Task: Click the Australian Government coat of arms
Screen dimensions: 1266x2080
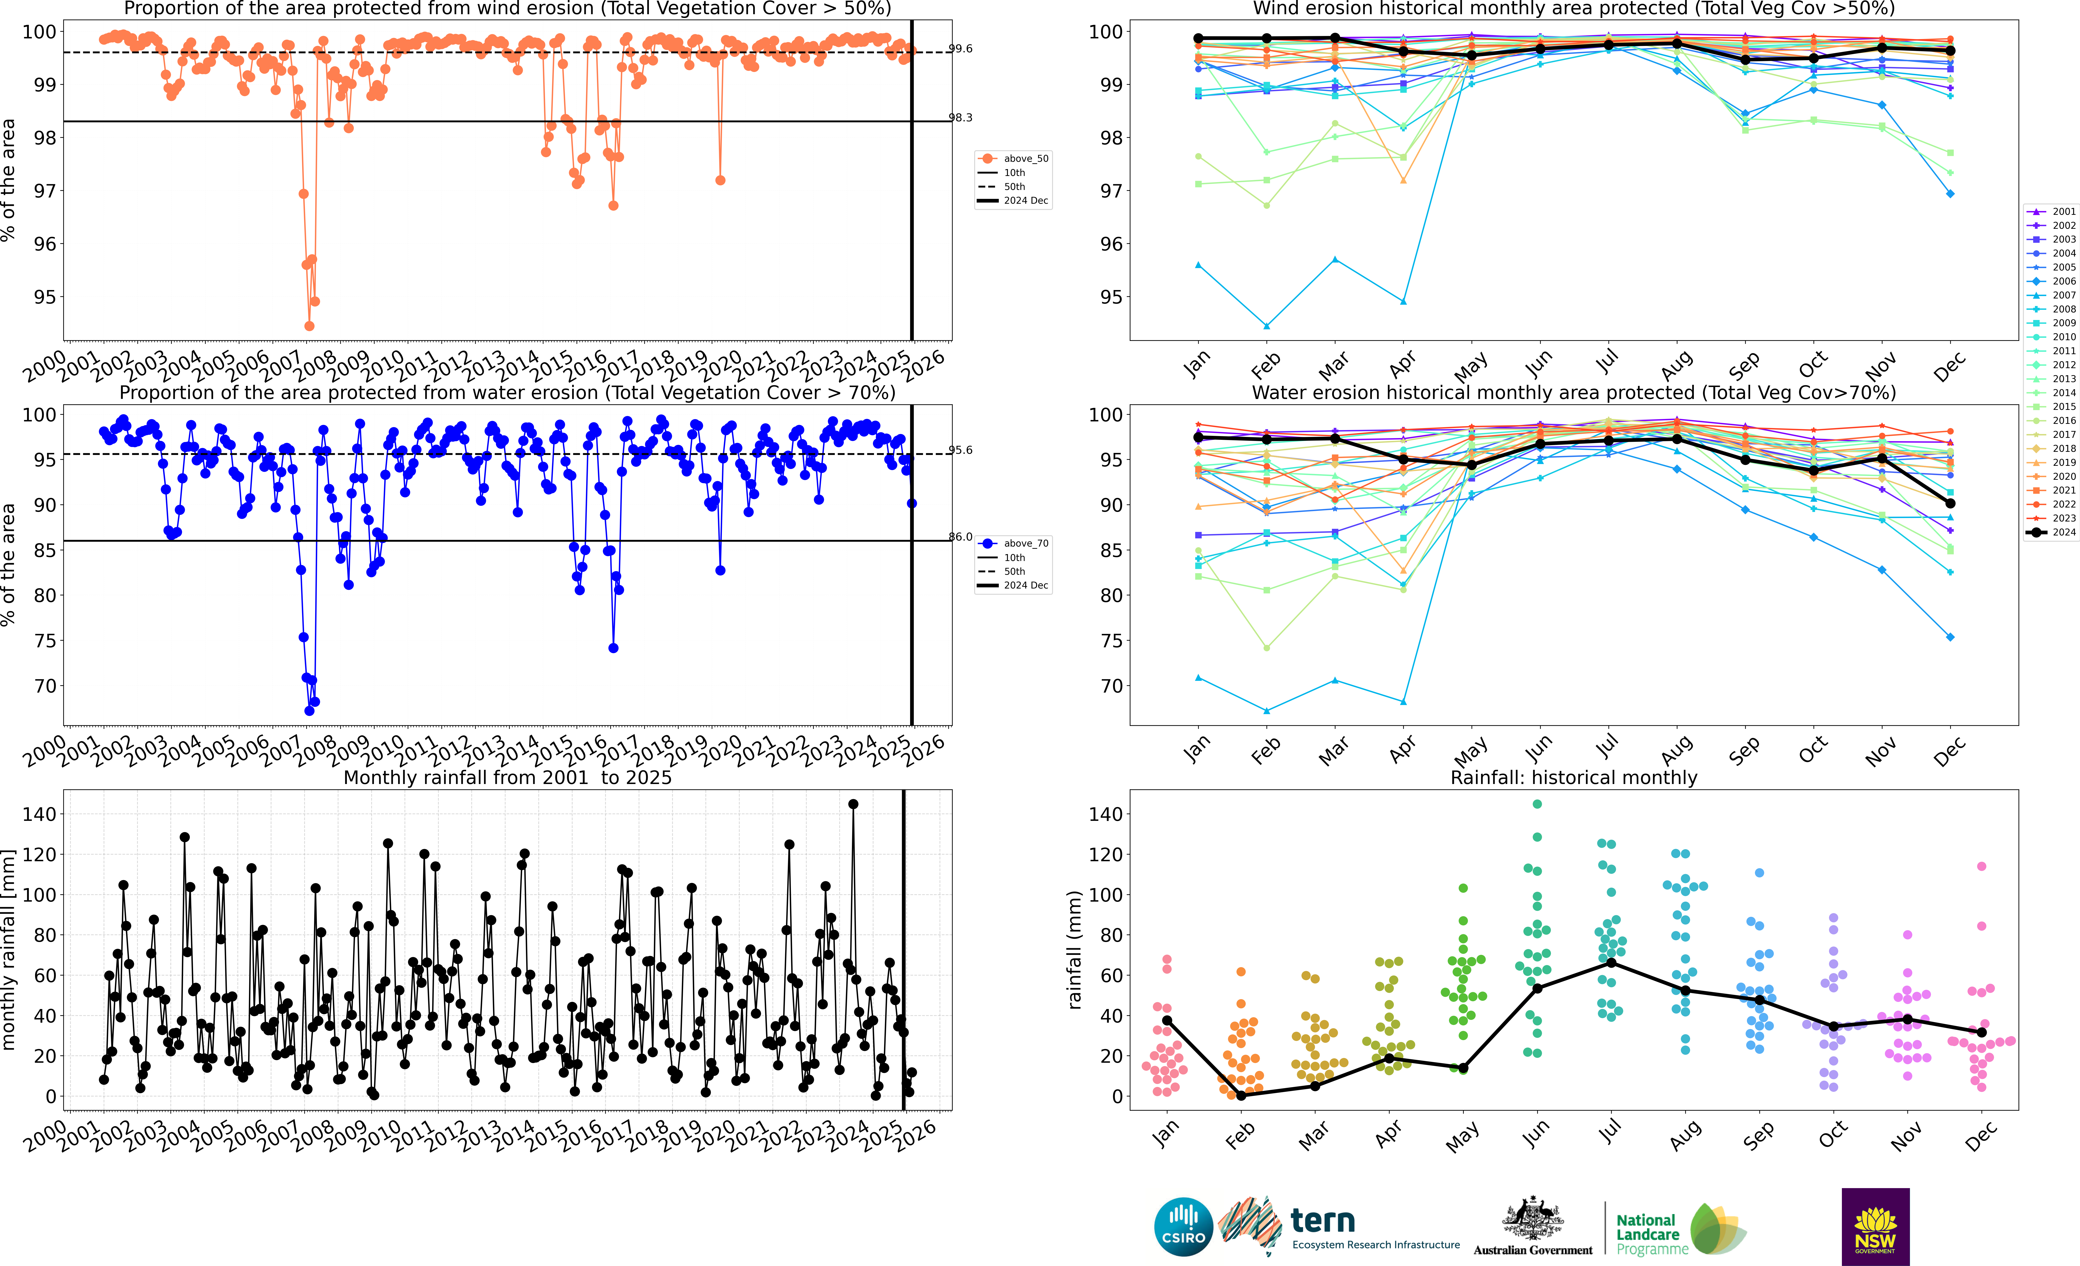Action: [x=1532, y=1220]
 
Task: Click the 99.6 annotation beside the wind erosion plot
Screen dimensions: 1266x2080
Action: [x=961, y=49]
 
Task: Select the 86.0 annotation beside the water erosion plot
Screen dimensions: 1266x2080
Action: [x=961, y=537]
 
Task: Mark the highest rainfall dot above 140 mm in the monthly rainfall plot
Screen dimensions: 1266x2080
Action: [x=853, y=804]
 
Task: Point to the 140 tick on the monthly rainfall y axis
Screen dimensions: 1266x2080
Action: [x=40, y=814]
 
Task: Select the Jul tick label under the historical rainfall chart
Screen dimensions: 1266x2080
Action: [x=1610, y=1131]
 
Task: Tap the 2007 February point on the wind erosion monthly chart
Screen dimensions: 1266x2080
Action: [x=1266, y=326]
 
